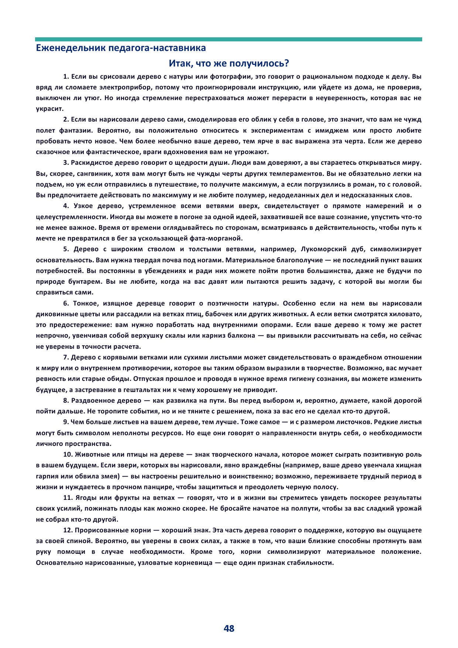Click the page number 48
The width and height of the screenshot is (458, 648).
[229, 628]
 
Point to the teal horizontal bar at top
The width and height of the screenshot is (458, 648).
[229, 39]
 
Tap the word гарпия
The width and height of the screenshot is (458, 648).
[47, 476]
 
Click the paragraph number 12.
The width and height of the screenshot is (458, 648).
[68, 530]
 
